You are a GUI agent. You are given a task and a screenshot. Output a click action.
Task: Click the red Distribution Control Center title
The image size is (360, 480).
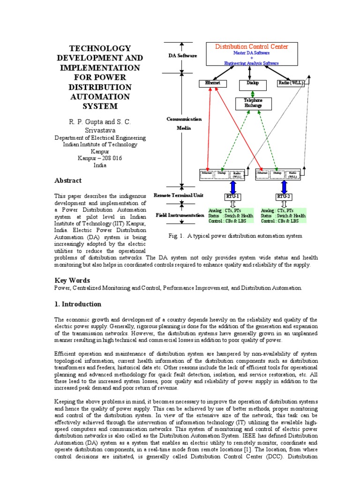point(251,47)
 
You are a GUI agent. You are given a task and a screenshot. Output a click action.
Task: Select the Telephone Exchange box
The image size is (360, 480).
point(253,103)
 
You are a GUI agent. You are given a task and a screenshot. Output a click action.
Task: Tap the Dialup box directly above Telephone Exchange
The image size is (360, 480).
point(249,83)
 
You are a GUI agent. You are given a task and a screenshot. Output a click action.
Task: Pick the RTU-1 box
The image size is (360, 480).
point(233,196)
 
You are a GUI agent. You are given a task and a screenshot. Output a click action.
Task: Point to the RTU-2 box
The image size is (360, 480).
point(284,196)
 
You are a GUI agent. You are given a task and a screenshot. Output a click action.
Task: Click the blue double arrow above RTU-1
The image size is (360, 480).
point(233,186)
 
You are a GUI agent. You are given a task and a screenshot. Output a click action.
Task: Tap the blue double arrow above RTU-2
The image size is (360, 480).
point(284,186)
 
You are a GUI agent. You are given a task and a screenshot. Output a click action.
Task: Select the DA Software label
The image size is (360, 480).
point(182,55)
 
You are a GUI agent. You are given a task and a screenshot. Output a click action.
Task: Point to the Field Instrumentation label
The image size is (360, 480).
point(180,215)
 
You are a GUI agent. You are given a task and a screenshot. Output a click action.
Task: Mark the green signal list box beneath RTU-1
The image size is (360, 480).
point(231,216)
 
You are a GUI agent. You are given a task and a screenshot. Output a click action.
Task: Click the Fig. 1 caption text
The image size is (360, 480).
point(235,236)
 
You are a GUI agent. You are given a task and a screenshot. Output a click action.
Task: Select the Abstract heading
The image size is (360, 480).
point(68,180)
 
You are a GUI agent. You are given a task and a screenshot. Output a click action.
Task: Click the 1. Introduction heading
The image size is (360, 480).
point(78,304)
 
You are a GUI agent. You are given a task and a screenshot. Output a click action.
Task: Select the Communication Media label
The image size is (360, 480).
point(184,123)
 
